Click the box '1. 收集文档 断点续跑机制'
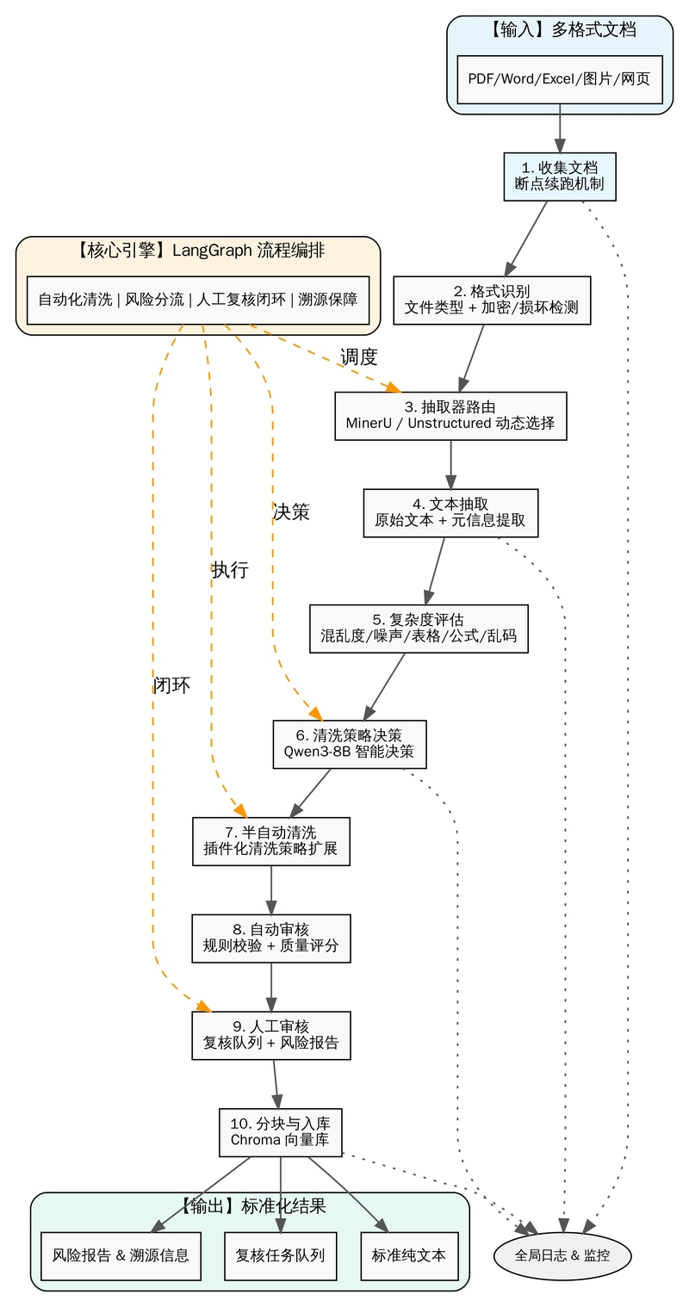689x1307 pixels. (x=560, y=177)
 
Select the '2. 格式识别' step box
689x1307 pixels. (x=492, y=300)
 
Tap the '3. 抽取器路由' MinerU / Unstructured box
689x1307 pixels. (x=450, y=416)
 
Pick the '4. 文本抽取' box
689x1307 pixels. (x=450, y=513)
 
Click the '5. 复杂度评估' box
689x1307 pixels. (x=419, y=629)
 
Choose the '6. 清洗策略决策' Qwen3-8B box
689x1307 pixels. (x=349, y=743)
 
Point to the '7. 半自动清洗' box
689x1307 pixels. (x=271, y=841)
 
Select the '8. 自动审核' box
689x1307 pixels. (x=271, y=938)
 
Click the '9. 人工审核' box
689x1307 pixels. (x=271, y=1035)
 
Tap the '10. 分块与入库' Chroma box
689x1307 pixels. (x=281, y=1131)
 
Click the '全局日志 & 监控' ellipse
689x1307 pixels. (x=562, y=1255)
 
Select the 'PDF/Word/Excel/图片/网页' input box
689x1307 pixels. (x=560, y=79)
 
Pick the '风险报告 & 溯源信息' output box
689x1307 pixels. (x=121, y=1255)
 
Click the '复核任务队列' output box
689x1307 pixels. (x=280, y=1255)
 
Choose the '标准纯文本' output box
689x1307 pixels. (x=408, y=1255)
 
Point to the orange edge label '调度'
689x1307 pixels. (x=358, y=357)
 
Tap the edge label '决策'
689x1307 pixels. (x=290, y=512)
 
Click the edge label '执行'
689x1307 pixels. (x=230, y=570)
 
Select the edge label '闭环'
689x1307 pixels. (x=171, y=685)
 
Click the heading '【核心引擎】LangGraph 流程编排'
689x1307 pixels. (x=198, y=251)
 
